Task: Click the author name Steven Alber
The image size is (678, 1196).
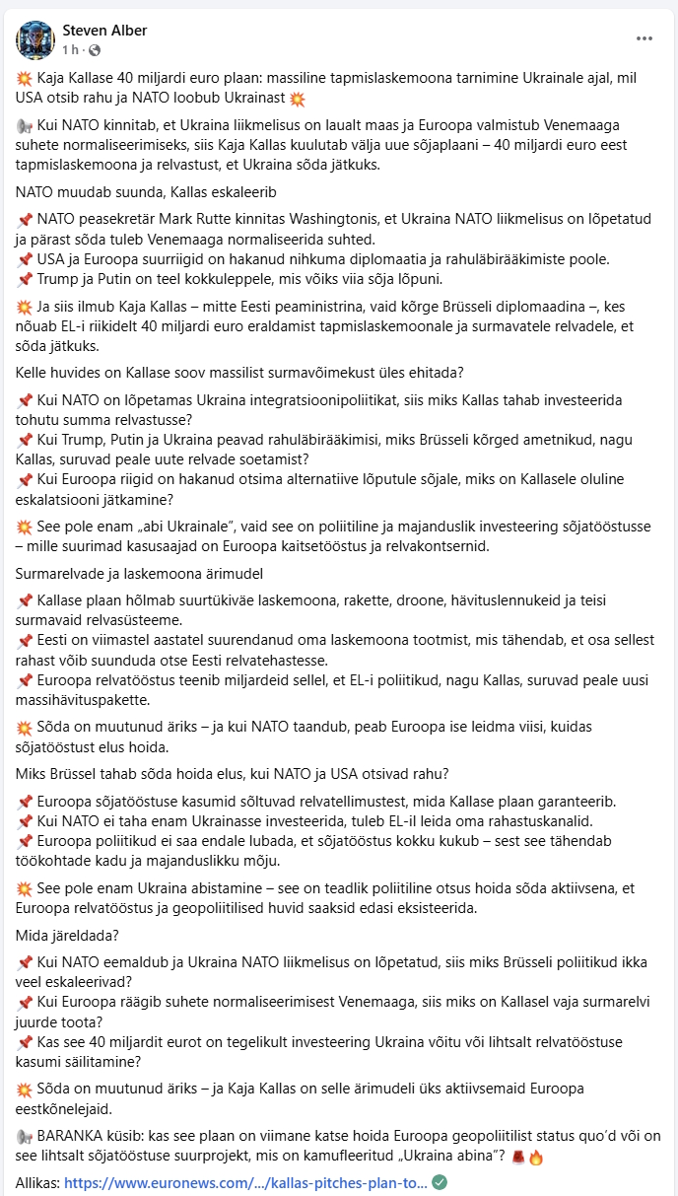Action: (x=104, y=31)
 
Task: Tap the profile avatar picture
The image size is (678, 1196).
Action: (x=36, y=39)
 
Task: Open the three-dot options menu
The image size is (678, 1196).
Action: (x=644, y=38)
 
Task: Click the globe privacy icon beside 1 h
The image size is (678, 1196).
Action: (x=95, y=50)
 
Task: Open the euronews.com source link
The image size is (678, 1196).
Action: (x=245, y=1182)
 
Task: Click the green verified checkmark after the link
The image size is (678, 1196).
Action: (x=440, y=1182)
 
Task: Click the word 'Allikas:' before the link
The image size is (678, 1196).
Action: (x=38, y=1182)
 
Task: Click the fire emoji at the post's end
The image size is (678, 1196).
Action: (x=535, y=1156)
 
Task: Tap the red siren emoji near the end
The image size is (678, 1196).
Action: (x=518, y=1156)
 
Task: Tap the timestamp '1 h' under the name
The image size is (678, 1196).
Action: (x=71, y=50)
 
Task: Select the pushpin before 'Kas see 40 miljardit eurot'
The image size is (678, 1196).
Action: (x=26, y=1042)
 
